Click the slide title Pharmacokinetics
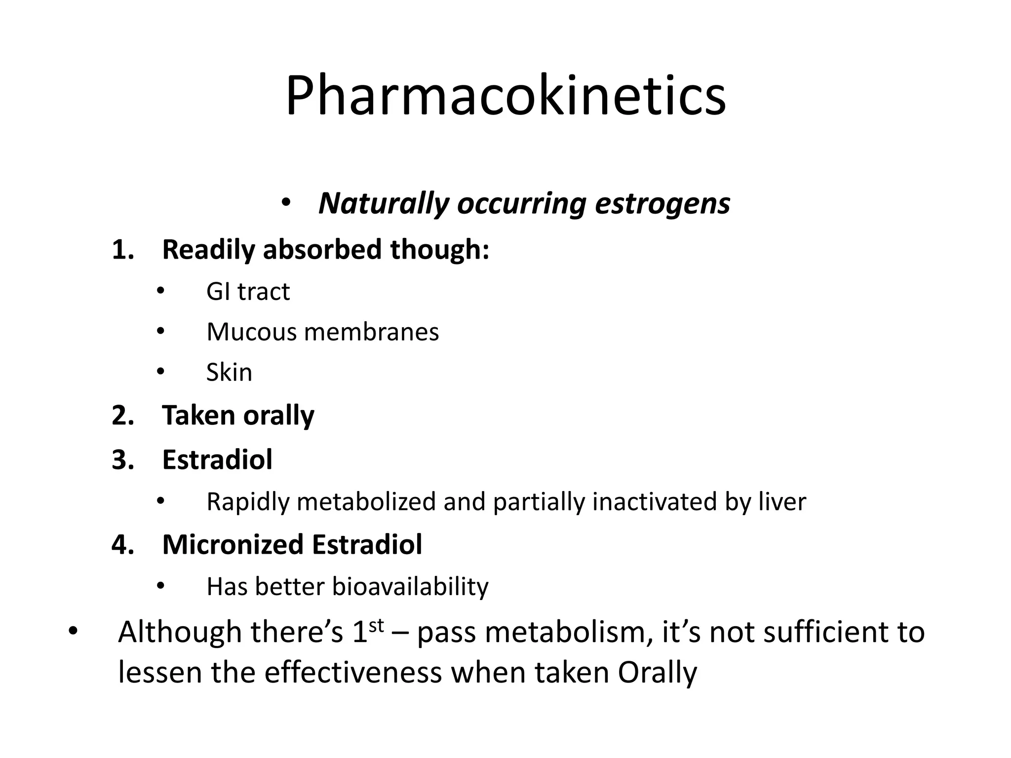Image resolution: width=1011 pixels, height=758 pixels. [505, 96]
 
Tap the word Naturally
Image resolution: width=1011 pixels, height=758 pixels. [384, 203]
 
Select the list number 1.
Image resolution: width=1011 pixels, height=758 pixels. [122, 250]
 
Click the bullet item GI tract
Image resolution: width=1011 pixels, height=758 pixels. [248, 291]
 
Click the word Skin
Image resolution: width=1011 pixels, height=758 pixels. [229, 373]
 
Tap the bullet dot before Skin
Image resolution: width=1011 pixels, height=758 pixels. [160, 371]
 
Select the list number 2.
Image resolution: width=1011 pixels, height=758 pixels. [122, 416]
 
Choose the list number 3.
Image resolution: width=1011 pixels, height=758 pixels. [122, 460]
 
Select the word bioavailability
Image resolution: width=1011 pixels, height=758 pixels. [410, 587]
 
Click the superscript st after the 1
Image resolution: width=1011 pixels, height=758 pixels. [376, 625]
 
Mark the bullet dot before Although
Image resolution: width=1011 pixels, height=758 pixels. [73, 631]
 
